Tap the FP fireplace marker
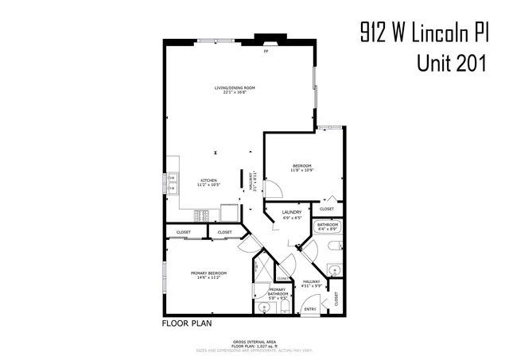point(266,51)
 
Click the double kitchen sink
point(169,184)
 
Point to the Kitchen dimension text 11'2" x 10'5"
point(209,184)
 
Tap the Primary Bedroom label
point(209,274)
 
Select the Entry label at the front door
point(310,309)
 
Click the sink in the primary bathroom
point(264,306)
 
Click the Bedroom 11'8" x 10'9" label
point(300,167)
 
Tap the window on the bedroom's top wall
point(328,127)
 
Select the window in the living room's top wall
point(212,40)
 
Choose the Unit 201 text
point(452,63)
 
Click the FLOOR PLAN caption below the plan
point(187,323)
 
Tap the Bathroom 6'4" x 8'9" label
point(328,226)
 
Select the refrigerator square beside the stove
point(230,212)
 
